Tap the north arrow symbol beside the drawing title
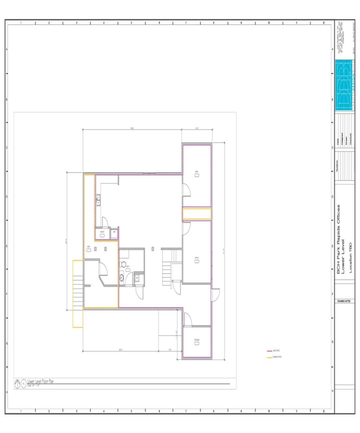point(18,384)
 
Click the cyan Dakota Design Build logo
point(345,85)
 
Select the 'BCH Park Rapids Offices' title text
point(339,239)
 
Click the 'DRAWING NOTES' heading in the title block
point(344,301)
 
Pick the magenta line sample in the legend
point(269,351)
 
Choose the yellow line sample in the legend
point(269,357)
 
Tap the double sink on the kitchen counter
point(98,200)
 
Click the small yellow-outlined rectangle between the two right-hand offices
point(196,214)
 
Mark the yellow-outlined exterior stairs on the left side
point(78,293)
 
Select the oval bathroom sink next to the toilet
point(121,277)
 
